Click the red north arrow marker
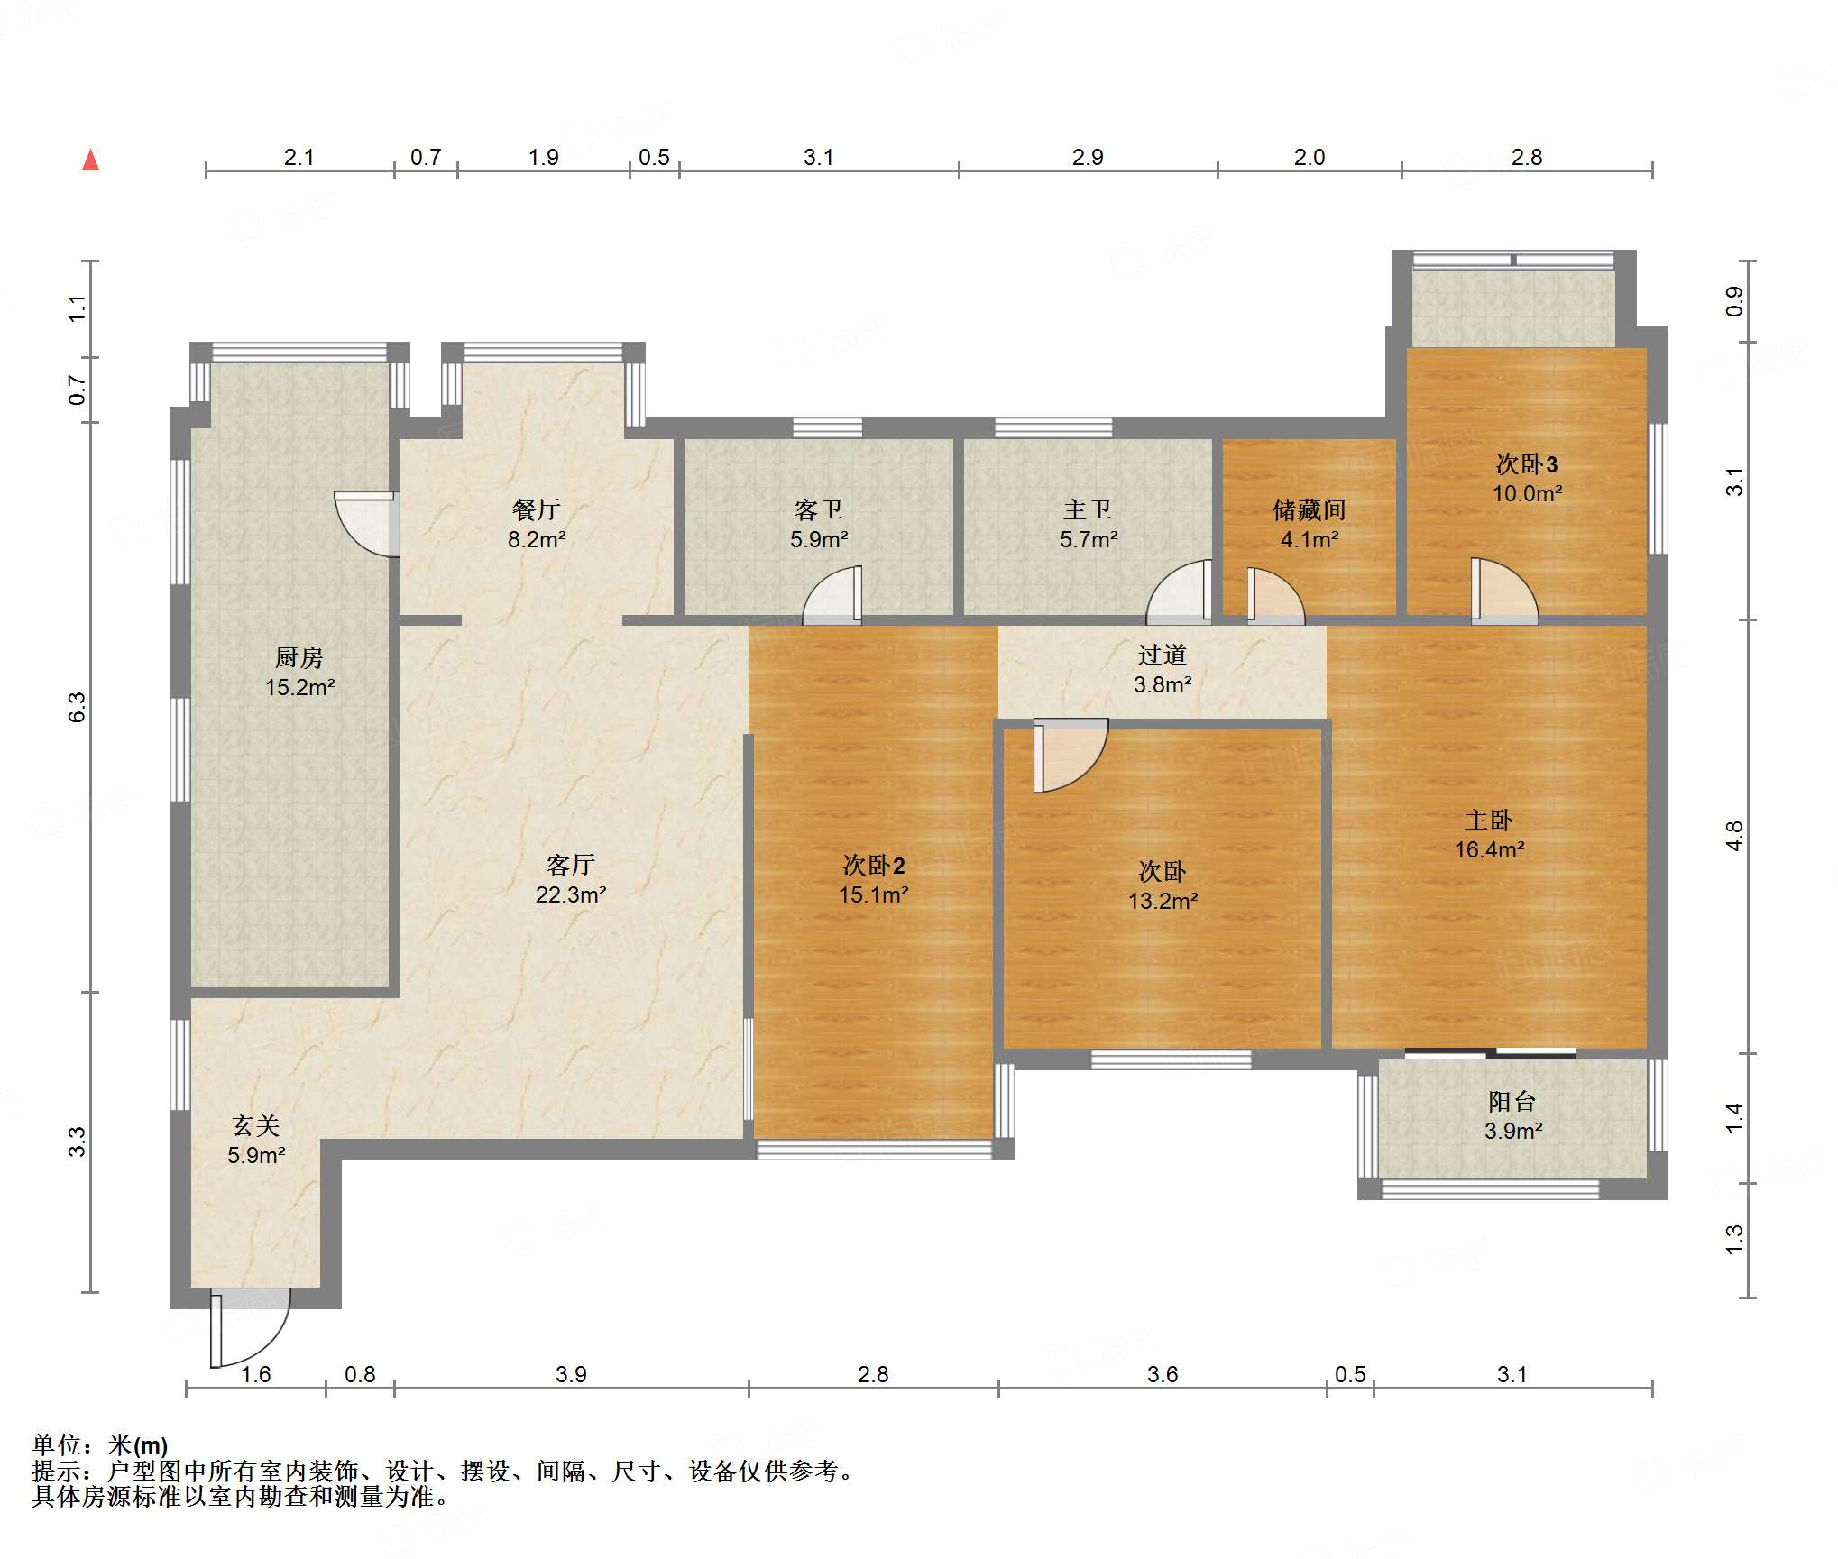point(90,160)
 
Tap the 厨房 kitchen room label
point(299,657)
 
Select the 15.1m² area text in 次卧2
point(873,894)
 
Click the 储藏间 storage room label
point(1309,510)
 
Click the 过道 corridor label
point(1162,655)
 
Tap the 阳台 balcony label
point(1512,1101)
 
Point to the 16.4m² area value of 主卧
point(1489,849)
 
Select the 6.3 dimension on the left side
point(78,707)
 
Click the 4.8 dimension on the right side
point(1734,836)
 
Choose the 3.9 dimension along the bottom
point(571,1374)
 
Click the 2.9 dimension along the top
point(1088,157)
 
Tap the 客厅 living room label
point(570,865)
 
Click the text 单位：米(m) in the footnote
point(100,1445)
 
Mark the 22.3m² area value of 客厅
point(570,894)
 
